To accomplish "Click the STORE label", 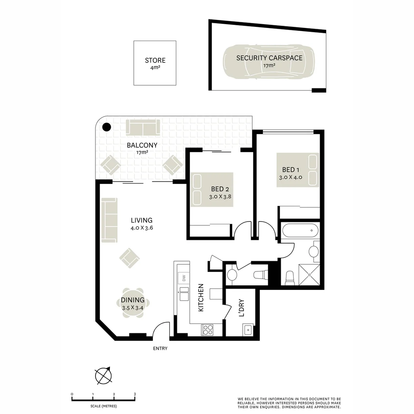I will point(155,60).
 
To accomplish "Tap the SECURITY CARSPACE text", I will point(269,58).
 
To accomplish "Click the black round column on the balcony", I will point(107,127).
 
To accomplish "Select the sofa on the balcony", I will point(143,127).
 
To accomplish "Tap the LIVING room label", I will point(141,220).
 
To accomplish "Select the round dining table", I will point(133,303).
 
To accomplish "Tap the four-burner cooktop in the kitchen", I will point(207,330).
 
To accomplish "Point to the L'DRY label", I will point(242,308).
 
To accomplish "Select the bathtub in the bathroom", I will point(300,231).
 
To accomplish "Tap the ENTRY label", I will point(160,348).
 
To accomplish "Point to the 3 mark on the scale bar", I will point(135,394).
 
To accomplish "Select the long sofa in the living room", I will point(110,220).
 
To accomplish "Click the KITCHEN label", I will point(200,297).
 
